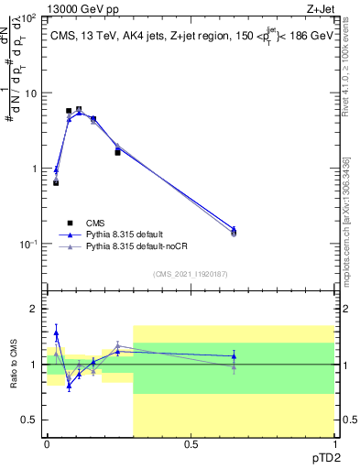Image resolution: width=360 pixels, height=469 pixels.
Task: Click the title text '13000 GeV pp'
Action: coord(80,8)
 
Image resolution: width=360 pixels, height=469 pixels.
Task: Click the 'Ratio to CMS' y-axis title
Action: coord(14,364)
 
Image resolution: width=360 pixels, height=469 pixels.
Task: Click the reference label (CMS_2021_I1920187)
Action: coord(191,273)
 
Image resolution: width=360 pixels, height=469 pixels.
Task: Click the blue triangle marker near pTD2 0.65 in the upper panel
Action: coord(234,229)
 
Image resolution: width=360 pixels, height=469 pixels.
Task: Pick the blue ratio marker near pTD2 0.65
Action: coord(234,355)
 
